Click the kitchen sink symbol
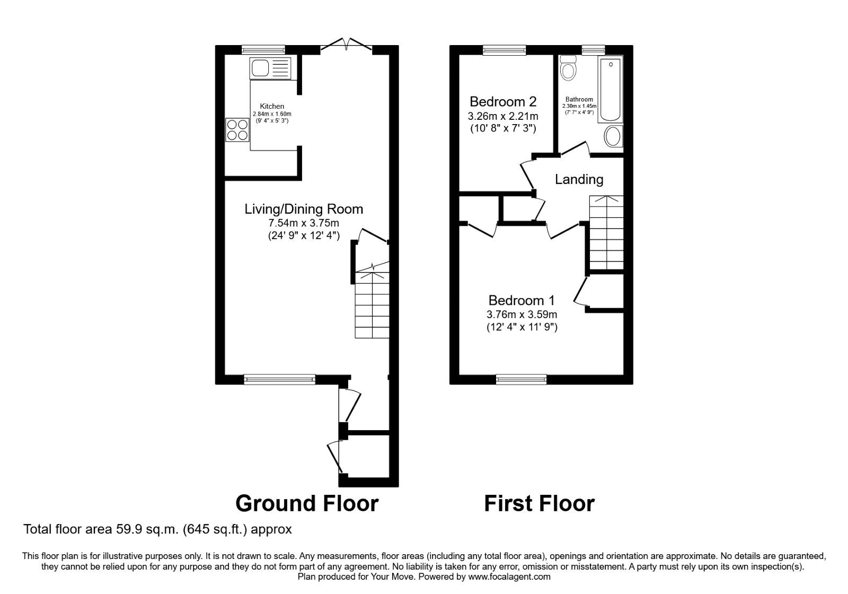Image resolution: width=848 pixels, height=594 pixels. pos(270,68)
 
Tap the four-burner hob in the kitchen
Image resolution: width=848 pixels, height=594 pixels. pos(237,130)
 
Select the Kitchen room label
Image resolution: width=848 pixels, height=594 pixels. pos(272,107)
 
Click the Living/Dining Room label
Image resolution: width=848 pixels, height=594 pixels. pos(304,209)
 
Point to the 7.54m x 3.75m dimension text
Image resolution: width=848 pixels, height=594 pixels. pos(304,223)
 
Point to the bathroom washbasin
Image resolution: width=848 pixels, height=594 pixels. pos(613,137)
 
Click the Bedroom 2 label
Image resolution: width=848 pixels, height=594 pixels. pos(503,101)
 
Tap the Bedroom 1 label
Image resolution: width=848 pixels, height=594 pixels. pos(522,301)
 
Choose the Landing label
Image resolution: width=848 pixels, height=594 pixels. pos(579,180)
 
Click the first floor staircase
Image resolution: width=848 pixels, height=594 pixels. pos(606,233)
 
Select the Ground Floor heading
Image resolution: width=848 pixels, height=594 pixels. pos(307,503)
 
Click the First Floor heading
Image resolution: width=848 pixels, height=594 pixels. pos(539,503)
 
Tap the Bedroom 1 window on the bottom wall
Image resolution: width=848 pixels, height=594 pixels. pos(521,379)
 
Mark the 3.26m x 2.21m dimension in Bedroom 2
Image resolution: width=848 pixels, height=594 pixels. pos(503,116)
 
